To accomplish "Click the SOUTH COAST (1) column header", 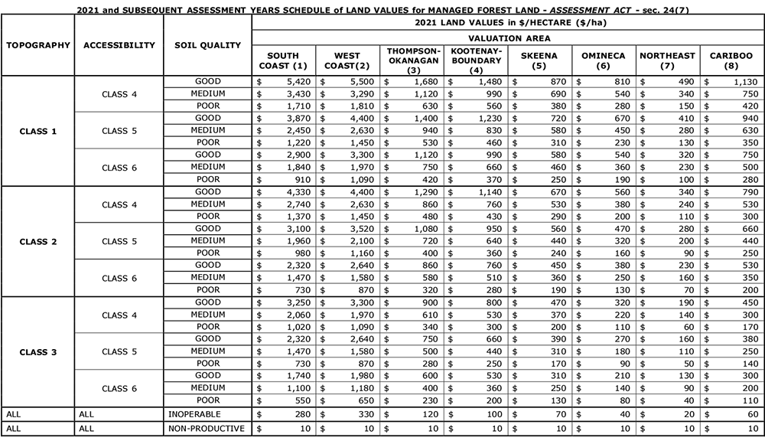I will tap(283, 61).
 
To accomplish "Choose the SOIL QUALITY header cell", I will tap(208, 45).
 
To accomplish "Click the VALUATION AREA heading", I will tap(507, 38).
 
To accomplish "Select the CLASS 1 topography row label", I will tap(37, 131).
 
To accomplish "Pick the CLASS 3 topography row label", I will tap(37, 351).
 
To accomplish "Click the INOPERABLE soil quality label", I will tap(196, 414).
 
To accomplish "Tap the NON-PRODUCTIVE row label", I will tap(207, 429).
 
